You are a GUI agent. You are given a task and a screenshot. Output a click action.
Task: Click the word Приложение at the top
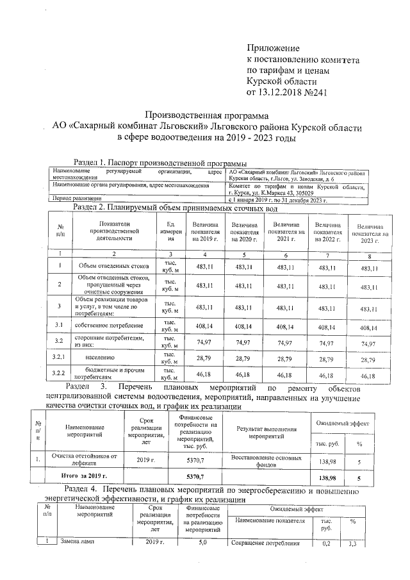tap(274, 48)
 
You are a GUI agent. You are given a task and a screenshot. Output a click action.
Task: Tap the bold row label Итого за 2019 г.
tap(83, 477)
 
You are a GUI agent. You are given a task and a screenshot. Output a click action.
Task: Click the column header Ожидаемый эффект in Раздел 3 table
tap(345, 424)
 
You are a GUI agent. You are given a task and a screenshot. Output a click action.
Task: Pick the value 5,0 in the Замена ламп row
tap(203, 543)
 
